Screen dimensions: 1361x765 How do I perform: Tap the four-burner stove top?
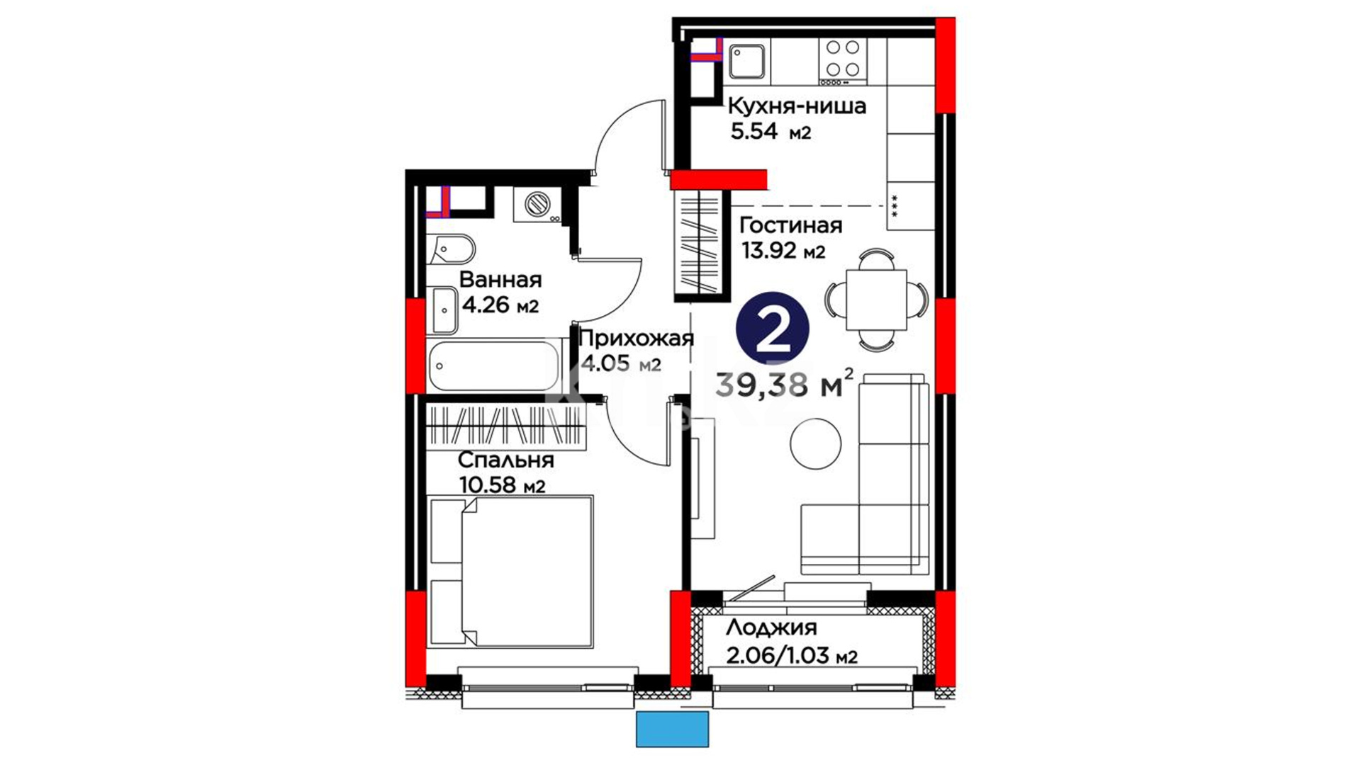[x=842, y=58]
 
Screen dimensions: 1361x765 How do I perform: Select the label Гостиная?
[x=791, y=226]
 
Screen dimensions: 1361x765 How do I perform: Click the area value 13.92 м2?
[x=783, y=251]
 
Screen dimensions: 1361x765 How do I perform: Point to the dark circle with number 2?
[x=773, y=327]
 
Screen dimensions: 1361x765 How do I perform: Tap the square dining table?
[x=877, y=300]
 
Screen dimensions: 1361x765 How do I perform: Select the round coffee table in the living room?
[x=816, y=443]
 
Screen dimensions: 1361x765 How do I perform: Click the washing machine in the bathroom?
[x=537, y=205]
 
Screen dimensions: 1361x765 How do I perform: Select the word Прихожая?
[x=636, y=339]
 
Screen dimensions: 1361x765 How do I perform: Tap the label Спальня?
[x=505, y=460]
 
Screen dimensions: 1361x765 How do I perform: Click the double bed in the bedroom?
[x=510, y=571]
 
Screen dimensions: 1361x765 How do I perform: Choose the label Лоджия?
[x=771, y=628]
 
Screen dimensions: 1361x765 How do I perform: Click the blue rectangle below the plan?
[x=672, y=730]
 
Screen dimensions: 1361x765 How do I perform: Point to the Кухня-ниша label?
[x=797, y=106]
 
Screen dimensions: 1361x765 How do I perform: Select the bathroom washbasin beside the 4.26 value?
[x=444, y=310]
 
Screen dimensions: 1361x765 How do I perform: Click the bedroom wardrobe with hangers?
[x=507, y=427]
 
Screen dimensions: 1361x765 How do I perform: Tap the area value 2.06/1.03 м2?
[x=792, y=655]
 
